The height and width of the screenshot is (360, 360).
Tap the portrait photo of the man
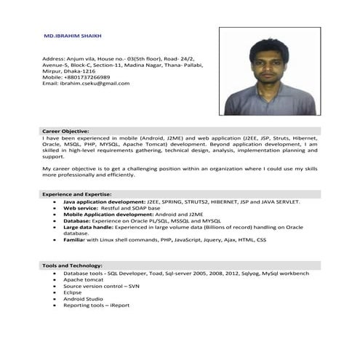click(269, 71)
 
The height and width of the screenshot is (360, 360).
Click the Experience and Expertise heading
click(76, 195)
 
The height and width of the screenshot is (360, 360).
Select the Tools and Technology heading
click(72, 265)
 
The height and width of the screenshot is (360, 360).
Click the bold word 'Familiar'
click(74, 239)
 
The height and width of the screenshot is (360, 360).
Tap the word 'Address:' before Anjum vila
click(54, 57)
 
